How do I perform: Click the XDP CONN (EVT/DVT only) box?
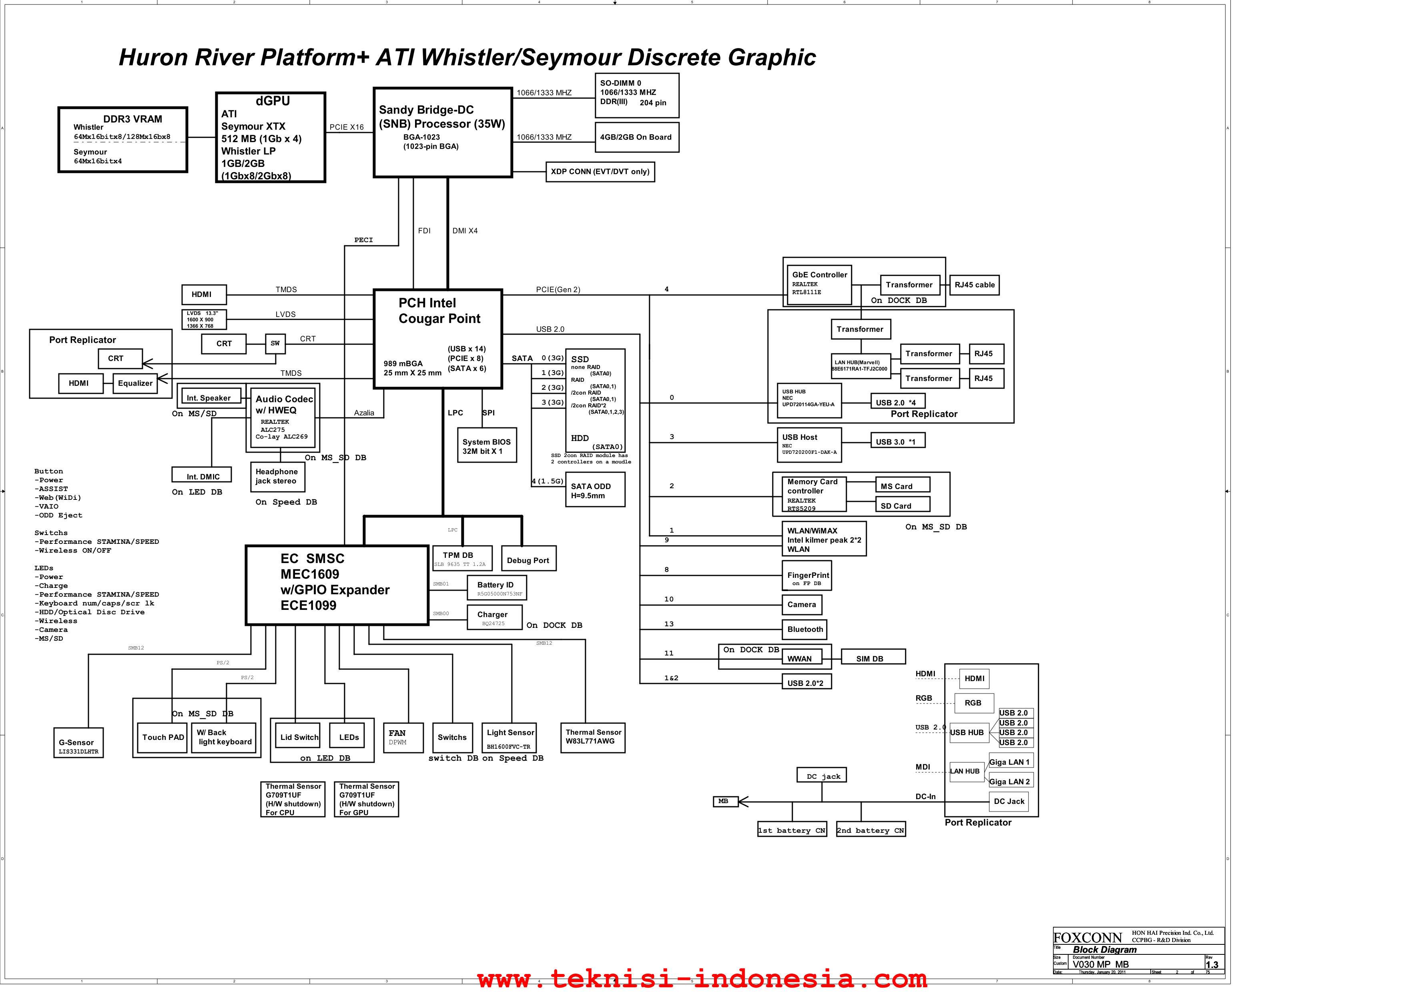[x=600, y=172]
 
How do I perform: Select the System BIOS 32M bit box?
[x=487, y=445]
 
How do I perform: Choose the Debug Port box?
[x=528, y=559]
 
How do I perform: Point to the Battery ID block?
[x=497, y=588]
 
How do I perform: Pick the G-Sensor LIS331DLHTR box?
[x=78, y=743]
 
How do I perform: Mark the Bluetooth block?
[x=805, y=629]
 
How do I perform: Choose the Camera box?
[x=802, y=605]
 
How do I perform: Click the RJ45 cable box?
[x=974, y=285]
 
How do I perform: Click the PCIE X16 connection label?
[x=347, y=127]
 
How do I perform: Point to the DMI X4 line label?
[x=465, y=231]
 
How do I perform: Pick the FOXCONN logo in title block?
[x=1087, y=938]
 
